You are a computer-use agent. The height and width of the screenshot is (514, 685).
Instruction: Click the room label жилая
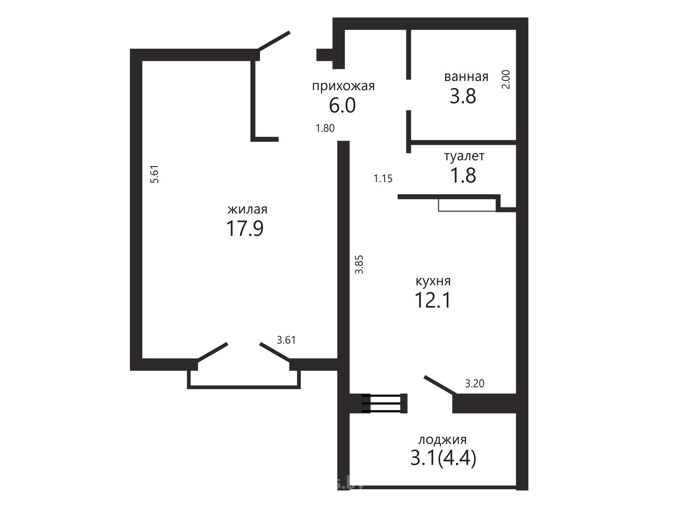pyautogui.click(x=247, y=209)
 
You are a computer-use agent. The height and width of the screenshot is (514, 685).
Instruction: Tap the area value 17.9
pyautogui.click(x=245, y=229)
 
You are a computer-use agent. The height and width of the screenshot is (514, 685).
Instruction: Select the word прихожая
pyautogui.click(x=343, y=86)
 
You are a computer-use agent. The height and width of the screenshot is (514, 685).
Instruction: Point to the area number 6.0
pyautogui.click(x=342, y=105)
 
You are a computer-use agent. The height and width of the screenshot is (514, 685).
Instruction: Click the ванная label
pyautogui.click(x=466, y=77)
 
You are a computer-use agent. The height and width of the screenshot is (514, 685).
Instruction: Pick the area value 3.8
pyautogui.click(x=463, y=96)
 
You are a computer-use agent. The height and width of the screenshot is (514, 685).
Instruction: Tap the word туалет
pyautogui.click(x=464, y=156)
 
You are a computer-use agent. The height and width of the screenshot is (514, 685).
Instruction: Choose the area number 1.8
pyautogui.click(x=463, y=175)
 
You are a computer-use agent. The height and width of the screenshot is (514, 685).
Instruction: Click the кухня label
pyautogui.click(x=433, y=281)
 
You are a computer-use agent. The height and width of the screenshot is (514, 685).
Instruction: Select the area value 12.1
pyautogui.click(x=433, y=300)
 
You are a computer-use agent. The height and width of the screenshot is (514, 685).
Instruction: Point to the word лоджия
pyautogui.click(x=442, y=440)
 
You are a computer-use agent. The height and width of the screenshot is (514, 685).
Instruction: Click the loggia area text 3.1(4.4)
pyautogui.click(x=443, y=459)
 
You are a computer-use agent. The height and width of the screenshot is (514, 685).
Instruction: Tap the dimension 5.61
pyautogui.click(x=155, y=174)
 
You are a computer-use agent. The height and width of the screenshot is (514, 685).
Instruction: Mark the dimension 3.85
pyautogui.click(x=359, y=265)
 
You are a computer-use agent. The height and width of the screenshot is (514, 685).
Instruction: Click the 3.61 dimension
pyautogui.click(x=286, y=340)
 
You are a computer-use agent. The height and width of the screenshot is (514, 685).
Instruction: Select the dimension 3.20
pyautogui.click(x=475, y=383)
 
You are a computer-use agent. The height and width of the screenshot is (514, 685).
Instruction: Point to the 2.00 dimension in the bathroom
pyautogui.click(x=505, y=80)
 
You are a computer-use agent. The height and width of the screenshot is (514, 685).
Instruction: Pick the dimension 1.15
pyautogui.click(x=383, y=178)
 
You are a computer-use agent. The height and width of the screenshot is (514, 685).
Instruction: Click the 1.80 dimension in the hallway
pyautogui.click(x=325, y=128)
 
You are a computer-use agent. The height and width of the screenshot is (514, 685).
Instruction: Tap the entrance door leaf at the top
pyautogui.click(x=273, y=41)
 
